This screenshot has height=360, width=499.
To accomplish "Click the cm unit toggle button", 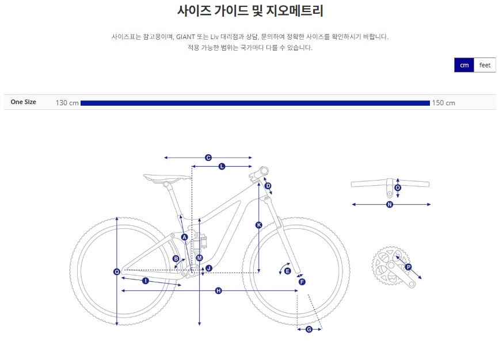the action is tap(464, 65).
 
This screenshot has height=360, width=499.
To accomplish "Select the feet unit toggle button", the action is tap(485, 65).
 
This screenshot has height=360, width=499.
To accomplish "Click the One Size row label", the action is tap(23, 102).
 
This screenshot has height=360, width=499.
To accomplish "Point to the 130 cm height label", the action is tap(67, 103).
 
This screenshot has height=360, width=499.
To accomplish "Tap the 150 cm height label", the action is tap(443, 103).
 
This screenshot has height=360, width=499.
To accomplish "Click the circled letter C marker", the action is tap(208, 158).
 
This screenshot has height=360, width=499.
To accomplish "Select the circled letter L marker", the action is tap(222, 166).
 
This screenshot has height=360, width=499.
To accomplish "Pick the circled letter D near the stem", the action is tap(268, 186).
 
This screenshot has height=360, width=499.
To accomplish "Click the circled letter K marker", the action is tap(259, 225).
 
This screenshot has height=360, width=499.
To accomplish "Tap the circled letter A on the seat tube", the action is tap(184, 238).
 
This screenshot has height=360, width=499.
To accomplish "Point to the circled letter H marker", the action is tap(218, 290).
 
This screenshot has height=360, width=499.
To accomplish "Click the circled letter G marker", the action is tap(308, 330).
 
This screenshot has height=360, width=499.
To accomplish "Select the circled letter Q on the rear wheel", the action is tap(117, 271).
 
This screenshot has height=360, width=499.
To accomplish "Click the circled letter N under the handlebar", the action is tap(390, 205).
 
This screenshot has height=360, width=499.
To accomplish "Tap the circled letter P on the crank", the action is tap(408, 267).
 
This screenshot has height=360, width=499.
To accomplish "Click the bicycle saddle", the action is tap(167, 178).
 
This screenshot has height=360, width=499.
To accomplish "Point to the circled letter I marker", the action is tap(146, 281).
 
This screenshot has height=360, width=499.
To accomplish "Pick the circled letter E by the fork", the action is tap(287, 271).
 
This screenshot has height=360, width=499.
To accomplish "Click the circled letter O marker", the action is tap(398, 187).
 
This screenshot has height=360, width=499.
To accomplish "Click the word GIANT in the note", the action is tap(185, 37).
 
